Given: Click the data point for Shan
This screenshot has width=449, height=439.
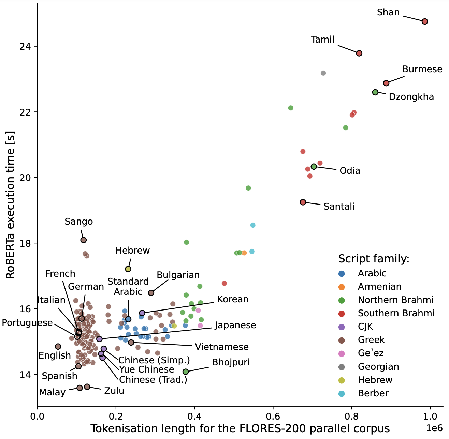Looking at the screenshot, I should click(x=425, y=21).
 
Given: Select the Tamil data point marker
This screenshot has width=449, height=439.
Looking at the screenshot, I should click(x=359, y=53).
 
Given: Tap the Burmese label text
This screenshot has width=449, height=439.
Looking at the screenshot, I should click(x=422, y=69).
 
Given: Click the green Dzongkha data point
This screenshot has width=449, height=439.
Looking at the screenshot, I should click(x=375, y=92).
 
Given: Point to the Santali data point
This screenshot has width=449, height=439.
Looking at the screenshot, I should click(x=303, y=202).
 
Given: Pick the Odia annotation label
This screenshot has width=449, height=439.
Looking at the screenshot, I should click(x=350, y=171).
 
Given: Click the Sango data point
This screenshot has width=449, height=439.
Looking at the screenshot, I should click(x=83, y=240).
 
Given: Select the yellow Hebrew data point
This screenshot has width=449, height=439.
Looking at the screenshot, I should click(x=128, y=269).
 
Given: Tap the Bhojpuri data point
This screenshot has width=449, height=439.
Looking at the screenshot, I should click(x=186, y=372).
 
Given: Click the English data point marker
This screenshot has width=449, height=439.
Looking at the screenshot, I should click(x=58, y=347).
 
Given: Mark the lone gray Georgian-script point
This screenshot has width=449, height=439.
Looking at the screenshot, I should click(x=323, y=73).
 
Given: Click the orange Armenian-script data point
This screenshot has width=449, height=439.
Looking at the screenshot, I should click(x=244, y=253).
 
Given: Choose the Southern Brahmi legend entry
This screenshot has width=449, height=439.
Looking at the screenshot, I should click(x=396, y=313).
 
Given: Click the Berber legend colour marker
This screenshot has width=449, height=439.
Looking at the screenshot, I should click(x=342, y=394).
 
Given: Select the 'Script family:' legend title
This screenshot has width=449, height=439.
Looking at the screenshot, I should click(x=374, y=259).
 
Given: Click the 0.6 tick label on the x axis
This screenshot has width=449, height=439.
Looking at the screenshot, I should click(x=273, y=417).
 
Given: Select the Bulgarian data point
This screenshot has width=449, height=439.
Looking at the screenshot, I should click(x=151, y=293).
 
